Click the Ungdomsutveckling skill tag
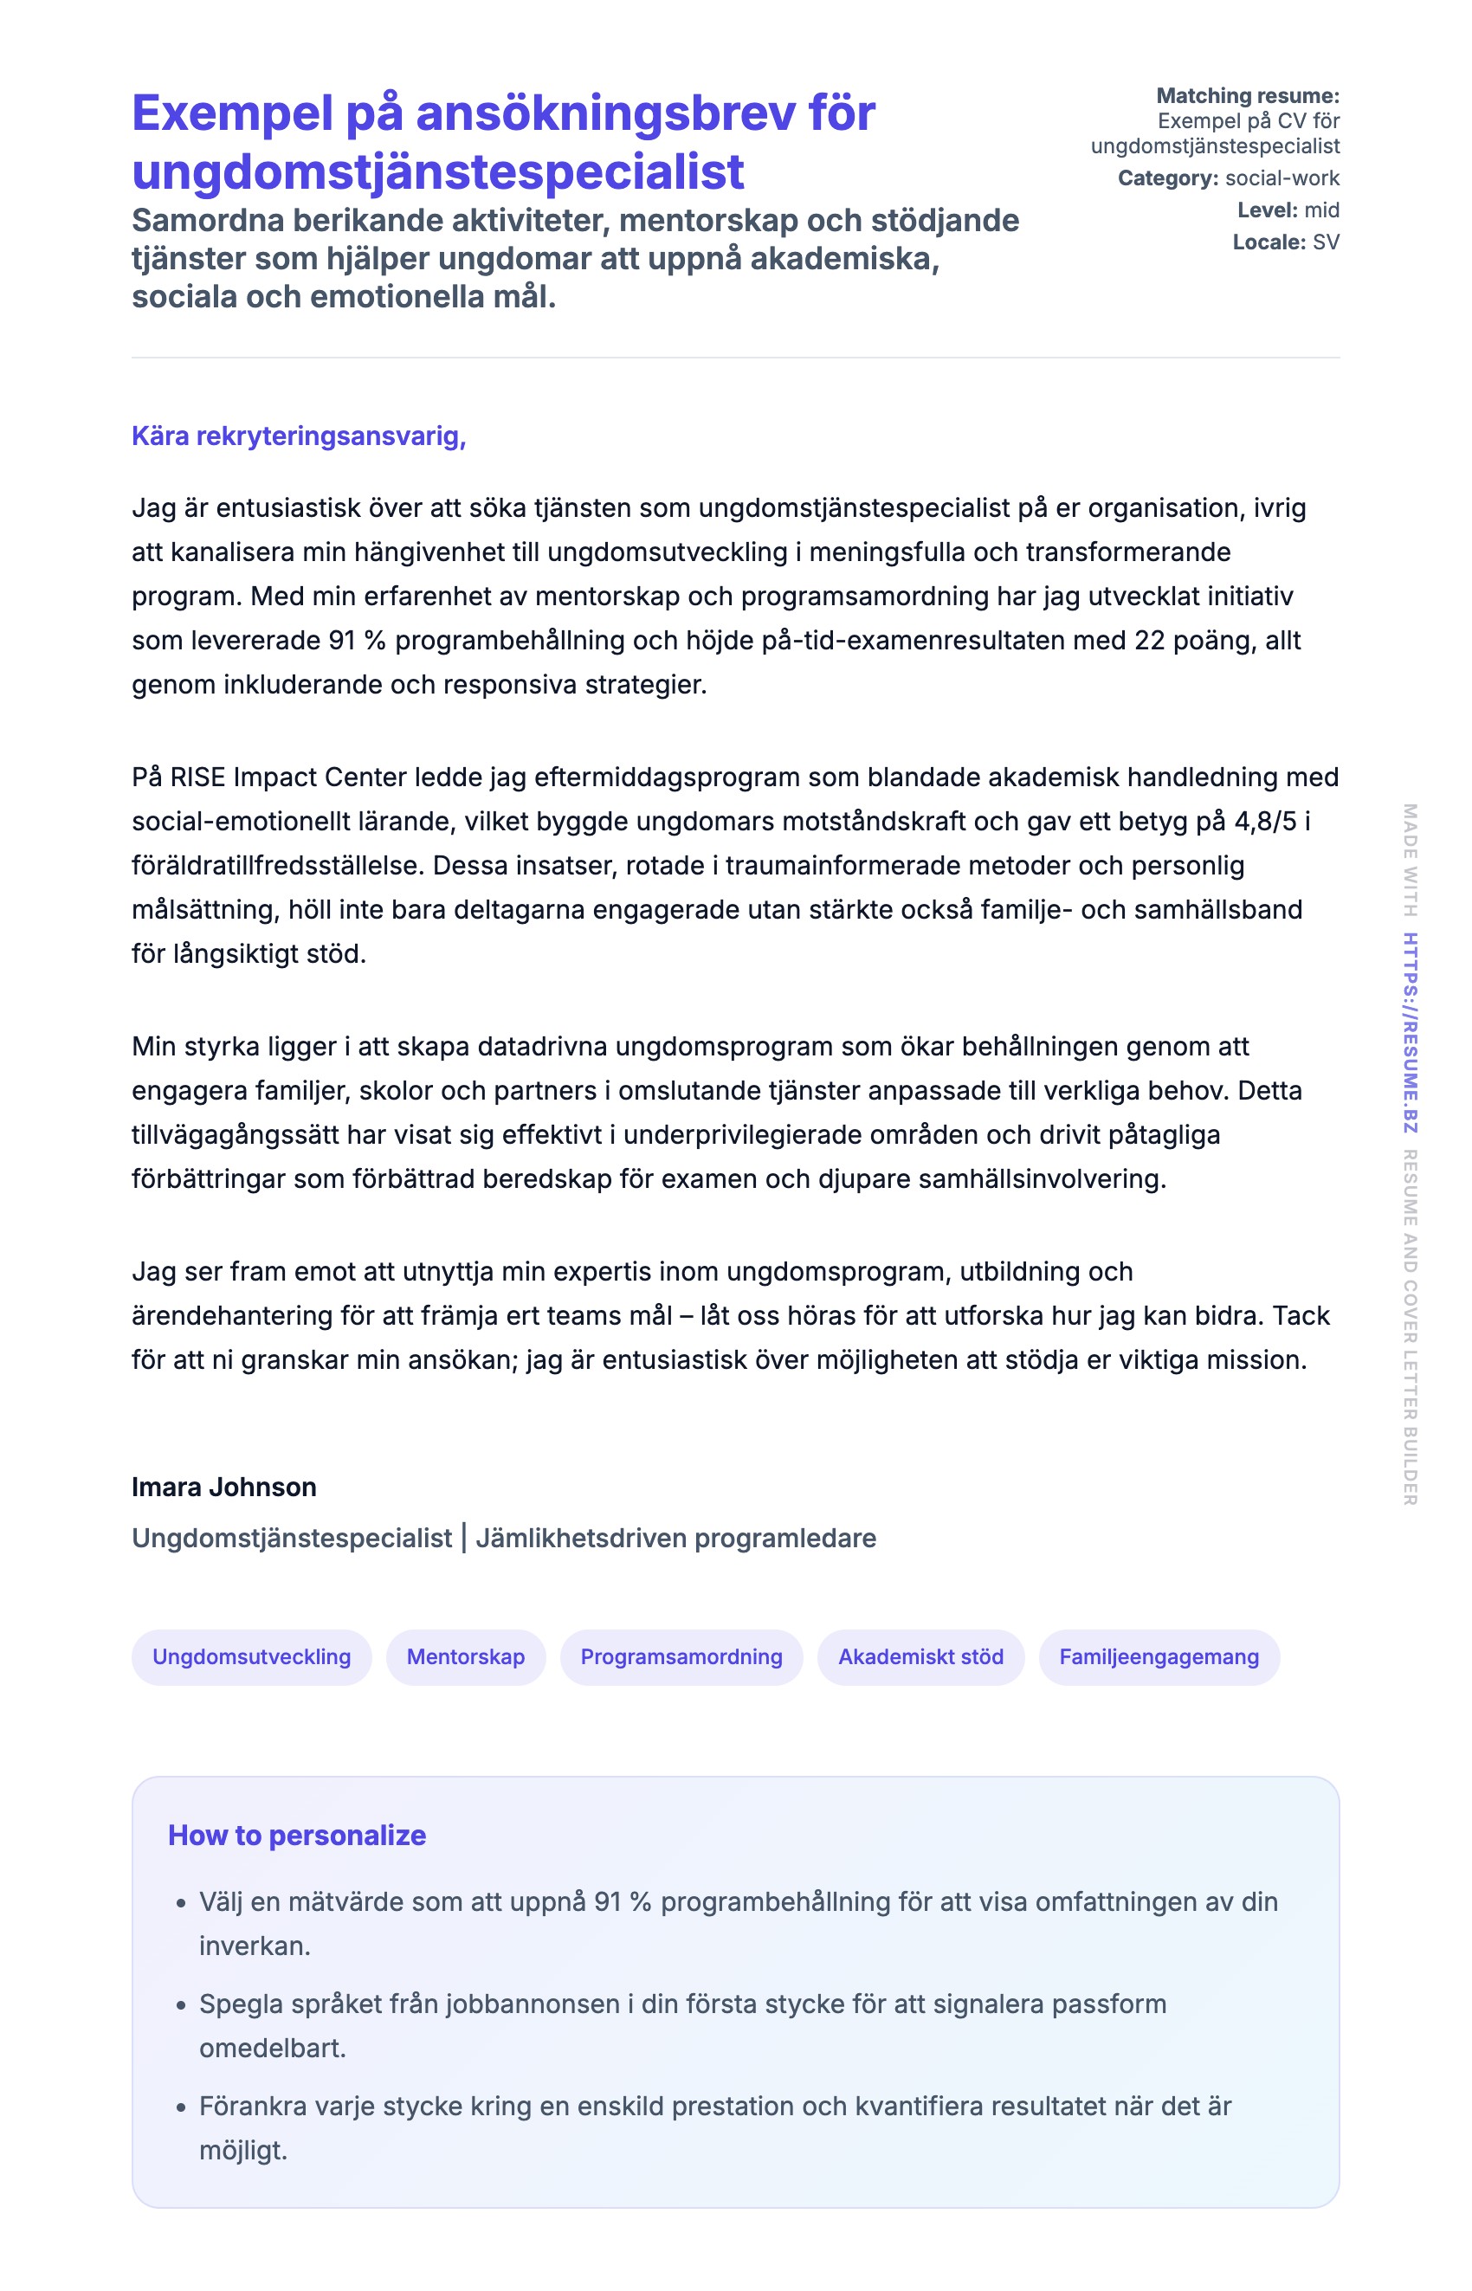pyautogui.click(x=251, y=1656)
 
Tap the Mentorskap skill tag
pyautogui.click(x=466, y=1656)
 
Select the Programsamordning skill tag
pyautogui.click(x=681, y=1656)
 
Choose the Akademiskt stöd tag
pyautogui.click(x=920, y=1656)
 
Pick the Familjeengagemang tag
pyautogui.click(x=1159, y=1656)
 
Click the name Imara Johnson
pyautogui.click(x=223, y=1487)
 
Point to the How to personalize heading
pyautogui.click(x=296, y=1834)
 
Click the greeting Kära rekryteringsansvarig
pyautogui.click(x=298, y=436)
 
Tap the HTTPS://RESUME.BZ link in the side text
pyautogui.click(x=1410, y=1032)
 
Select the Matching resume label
pyautogui.click(x=1248, y=95)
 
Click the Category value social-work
pyautogui.click(x=1282, y=177)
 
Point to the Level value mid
pyautogui.click(x=1322, y=210)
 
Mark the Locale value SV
pyautogui.click(x=1326, y=242)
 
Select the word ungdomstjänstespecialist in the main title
pyautogui.click(x=438, y=172)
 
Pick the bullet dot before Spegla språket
pyautogui.click(x=181, y=2005)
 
